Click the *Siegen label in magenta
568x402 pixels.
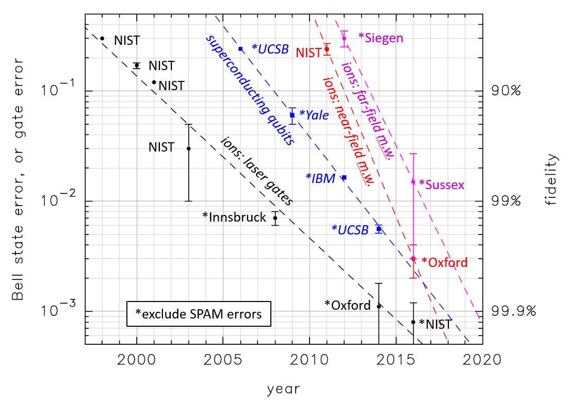380,38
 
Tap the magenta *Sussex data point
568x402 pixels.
413,181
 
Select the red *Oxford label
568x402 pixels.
444,262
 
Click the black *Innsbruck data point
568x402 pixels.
275,217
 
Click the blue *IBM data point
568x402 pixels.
344,177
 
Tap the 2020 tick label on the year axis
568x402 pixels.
482,359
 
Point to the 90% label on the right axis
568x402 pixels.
507,91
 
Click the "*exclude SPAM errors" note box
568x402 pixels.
198,313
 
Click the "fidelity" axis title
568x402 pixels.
553,179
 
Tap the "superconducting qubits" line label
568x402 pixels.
250,90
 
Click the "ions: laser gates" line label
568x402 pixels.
256,171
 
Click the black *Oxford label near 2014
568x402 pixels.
347,305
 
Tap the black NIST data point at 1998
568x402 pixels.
102,38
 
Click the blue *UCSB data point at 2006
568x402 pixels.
240,48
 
